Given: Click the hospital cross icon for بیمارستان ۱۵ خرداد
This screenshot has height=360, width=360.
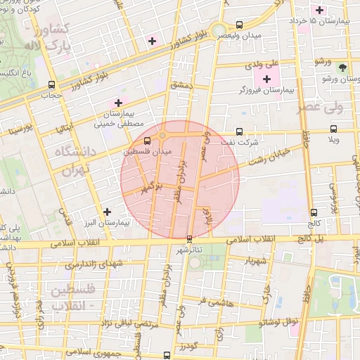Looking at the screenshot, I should tap(321, 10).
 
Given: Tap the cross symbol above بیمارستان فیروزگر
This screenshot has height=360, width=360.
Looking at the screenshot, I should tap(266, 77).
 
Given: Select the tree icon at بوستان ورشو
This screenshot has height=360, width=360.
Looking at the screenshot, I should tap(342, 68).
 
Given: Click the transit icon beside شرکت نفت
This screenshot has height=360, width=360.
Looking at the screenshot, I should tap(240, 131).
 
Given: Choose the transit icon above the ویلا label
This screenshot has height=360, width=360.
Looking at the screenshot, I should tap(333, 129).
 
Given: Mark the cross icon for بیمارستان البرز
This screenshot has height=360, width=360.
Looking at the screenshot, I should tap(107, 211).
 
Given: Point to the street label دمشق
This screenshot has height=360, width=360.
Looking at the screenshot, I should tap(179, 85).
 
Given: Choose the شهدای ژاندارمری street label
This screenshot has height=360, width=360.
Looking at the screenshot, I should tap(91, 264).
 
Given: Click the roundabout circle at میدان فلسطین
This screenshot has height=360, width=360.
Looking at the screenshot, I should tap(162, 136).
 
